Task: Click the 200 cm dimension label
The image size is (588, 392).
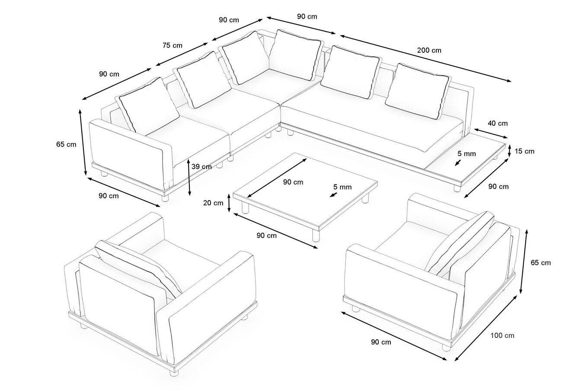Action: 429,50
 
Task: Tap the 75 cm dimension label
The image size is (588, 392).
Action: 172,45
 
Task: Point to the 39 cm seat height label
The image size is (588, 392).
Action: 201,167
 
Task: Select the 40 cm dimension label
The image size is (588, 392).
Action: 498,123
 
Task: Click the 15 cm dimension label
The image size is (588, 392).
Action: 525,151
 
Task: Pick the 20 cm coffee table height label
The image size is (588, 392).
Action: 213,203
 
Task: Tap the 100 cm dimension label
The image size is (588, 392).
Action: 502,335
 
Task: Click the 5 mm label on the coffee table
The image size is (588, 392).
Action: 342,187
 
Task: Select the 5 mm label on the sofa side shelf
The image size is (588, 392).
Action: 467,153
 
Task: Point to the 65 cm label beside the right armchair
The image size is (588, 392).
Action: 540,262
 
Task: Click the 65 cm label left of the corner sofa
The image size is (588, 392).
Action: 66,144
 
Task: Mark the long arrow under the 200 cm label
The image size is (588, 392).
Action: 425,58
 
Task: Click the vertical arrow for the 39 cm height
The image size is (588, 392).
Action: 189,177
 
